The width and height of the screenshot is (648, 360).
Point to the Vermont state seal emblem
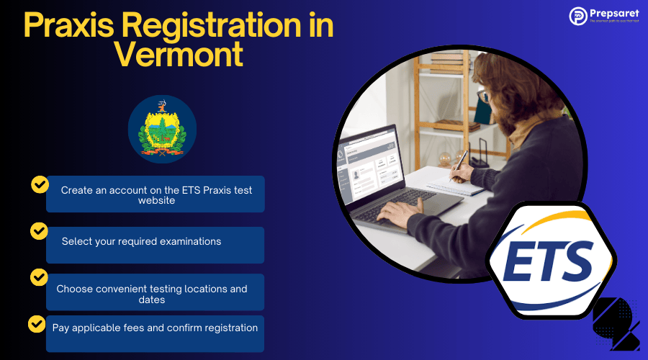(162, 129)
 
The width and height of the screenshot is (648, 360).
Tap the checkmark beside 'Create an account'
(40, 184)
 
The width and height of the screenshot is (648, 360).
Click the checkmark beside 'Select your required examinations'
(39, 231)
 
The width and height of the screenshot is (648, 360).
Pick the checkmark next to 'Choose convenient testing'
(40, 277)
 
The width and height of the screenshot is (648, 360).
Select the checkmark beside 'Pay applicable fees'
(37, 323)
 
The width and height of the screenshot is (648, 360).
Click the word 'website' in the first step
(156, 201)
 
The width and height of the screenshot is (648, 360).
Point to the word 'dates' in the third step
(151, 300)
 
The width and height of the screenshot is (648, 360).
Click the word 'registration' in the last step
(227, 328)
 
